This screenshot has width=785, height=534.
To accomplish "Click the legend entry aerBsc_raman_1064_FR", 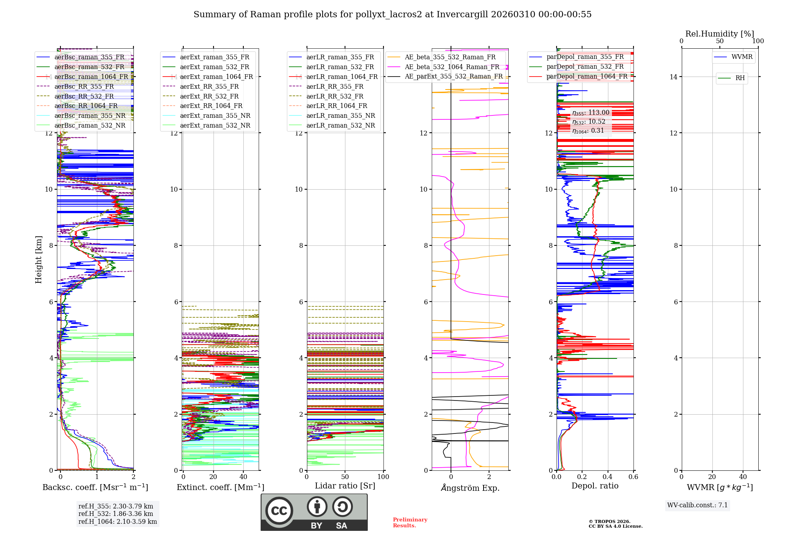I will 91,77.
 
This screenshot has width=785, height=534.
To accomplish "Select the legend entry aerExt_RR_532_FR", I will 209,96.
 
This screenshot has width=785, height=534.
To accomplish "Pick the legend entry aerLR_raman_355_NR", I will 340,115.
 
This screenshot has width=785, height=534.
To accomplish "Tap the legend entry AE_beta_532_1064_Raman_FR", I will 452,67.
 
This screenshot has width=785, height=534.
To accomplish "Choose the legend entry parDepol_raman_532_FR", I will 585,67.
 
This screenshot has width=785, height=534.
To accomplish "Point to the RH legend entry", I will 740,78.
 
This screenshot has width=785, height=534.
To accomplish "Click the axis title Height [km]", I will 38,260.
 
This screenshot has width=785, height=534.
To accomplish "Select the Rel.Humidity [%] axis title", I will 719,34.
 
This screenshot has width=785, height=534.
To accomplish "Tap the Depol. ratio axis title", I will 595,486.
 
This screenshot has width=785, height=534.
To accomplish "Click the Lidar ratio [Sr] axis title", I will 345,486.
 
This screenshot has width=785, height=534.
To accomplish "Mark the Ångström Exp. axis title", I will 470,488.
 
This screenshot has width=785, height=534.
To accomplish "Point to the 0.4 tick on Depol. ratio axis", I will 608,477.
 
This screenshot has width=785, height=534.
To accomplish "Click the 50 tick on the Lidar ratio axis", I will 345,477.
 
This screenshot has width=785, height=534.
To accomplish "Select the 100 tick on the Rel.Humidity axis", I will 758,41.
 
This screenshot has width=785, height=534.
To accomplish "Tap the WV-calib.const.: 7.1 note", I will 697,505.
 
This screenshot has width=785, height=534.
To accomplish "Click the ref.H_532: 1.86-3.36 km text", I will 116,514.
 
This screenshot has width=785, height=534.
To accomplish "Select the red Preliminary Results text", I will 410,522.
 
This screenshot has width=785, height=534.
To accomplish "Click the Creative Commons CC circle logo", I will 279,511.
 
